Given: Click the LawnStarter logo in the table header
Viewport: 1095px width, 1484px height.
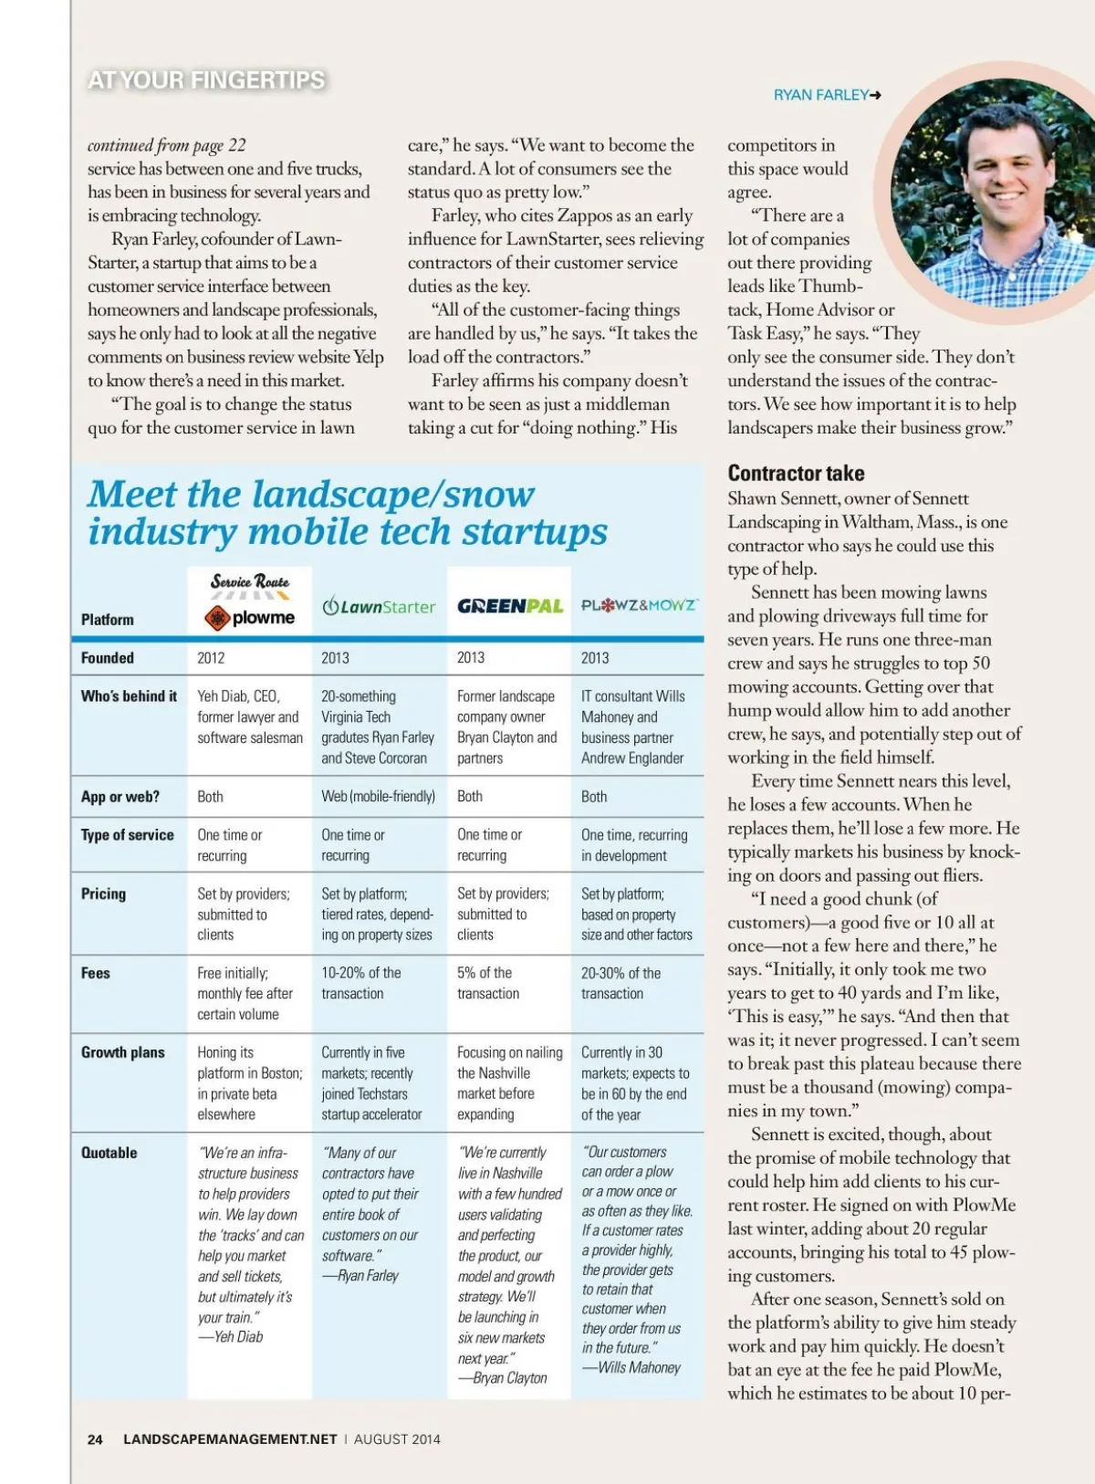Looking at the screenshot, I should [379, 607].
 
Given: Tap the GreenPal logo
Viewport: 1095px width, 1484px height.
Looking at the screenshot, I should [510, 606].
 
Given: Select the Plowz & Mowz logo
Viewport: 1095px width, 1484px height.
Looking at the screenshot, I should [640, 605].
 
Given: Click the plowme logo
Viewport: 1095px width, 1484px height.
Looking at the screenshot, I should [250, 618].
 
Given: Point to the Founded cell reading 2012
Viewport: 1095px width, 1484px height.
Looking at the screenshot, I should [211, 657].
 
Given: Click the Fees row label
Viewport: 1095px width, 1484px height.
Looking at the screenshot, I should [96, 973].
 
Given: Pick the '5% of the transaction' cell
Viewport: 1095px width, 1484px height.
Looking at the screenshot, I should [488, 983].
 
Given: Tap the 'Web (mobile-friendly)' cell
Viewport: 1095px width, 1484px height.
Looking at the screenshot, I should [378, 796].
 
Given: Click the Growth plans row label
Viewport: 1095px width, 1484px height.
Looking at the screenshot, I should [123, 1052].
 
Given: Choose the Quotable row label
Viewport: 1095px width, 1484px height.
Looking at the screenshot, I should [109, 1153].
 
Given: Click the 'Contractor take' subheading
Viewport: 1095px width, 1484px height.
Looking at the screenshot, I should [796, 473].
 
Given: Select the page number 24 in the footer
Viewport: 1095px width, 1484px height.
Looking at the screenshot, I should [95, 1439].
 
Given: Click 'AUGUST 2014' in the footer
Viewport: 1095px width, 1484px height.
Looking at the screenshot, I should [397, 1439].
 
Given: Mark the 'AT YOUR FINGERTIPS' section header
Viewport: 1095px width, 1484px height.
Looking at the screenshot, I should [206, 80].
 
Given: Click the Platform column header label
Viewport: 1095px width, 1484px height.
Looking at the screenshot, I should [108, 620].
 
